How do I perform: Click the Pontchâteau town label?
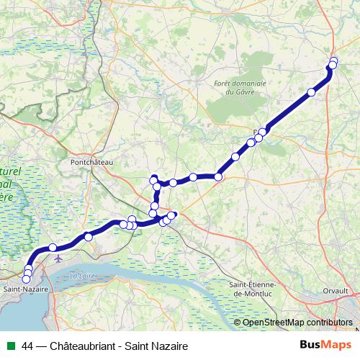click(92, 163)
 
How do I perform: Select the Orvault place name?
click(335, 290)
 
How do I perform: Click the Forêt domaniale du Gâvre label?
click(240, 87)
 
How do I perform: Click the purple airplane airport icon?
click(58, 258)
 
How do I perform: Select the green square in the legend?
click(10, 346)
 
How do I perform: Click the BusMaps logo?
click(325, 346)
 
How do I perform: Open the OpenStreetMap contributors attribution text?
click(297, 322)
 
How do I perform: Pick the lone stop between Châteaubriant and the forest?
click(312, 91)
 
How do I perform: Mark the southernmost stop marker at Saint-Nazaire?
click(27, 279)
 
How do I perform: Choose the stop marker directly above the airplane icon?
click(53, 248)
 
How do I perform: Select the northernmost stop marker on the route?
click(334, 60)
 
